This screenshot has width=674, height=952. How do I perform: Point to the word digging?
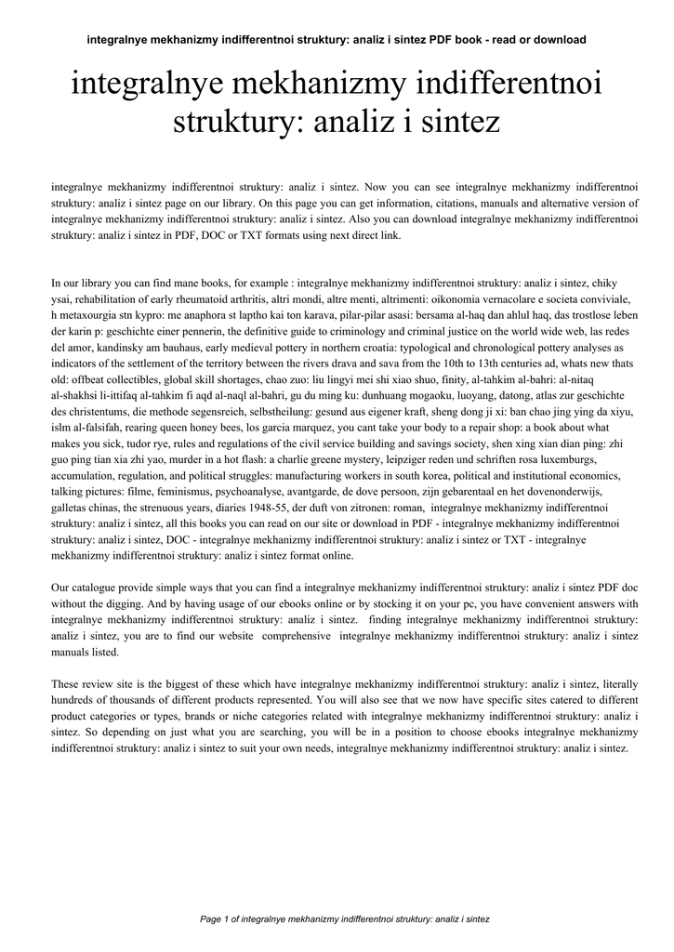[x=130, y=604]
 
